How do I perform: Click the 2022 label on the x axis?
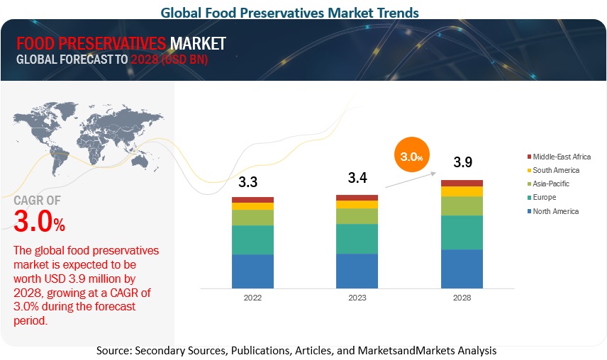point(252,298)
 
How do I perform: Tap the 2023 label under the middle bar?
point(357,298)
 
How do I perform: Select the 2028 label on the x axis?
point(462,298)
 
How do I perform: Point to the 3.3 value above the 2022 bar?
point(247,183)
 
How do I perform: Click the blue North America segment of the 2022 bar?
point(252,271)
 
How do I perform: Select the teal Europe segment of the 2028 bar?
point(462,232)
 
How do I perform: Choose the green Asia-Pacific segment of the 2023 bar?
point(357,216)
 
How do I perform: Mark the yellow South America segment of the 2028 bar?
point(462,191)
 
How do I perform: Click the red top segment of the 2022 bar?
point(252,200)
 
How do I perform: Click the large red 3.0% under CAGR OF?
point(40,223)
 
